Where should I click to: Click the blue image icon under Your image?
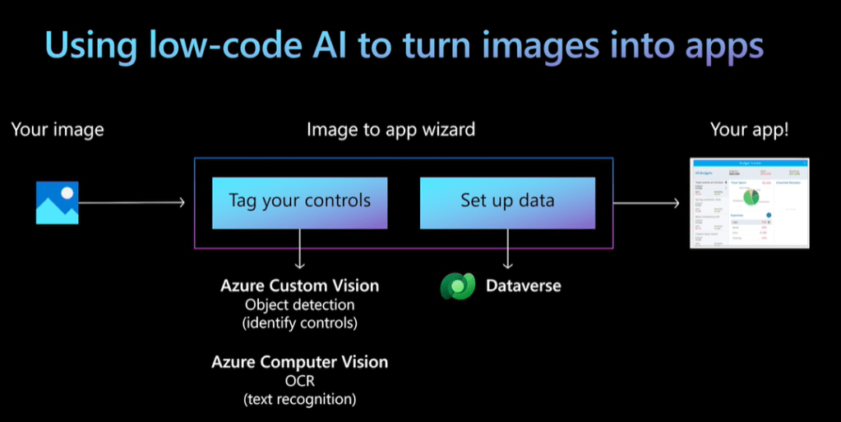tap(57, 203)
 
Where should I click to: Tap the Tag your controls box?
tap(299, 200)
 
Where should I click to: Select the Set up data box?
tap(507, 200)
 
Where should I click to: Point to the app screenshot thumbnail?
tap(749, 204)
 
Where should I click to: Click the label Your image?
tap(58, 130)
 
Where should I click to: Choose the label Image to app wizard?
tap(390, 130)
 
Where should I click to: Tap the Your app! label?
tap(749, 130)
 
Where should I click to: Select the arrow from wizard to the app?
tap(649, 202)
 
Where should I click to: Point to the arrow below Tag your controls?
tap(299, 249)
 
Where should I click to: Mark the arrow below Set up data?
tap(507, 249)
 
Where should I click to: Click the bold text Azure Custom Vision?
tap(299, 286)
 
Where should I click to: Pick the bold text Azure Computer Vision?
tap(299, 362)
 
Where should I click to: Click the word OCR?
tap(299, 381)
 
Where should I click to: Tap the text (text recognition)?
tap(299, 400)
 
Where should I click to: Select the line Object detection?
tap(299, 305)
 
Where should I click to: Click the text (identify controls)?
tap(299, 323)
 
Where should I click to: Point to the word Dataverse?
tap(523, 286)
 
